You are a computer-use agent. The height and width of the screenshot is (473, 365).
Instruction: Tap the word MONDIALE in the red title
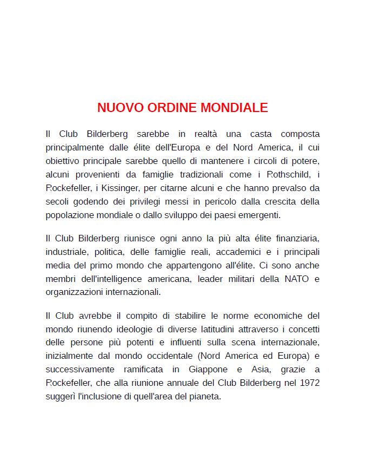point(234,108)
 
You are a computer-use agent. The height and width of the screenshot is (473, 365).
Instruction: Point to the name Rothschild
point(288,174)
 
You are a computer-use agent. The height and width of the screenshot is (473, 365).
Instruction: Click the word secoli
point(58,202)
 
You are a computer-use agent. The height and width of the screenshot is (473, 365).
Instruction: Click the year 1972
point(308,383)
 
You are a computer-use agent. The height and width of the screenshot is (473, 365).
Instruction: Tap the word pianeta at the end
point(205,397)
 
